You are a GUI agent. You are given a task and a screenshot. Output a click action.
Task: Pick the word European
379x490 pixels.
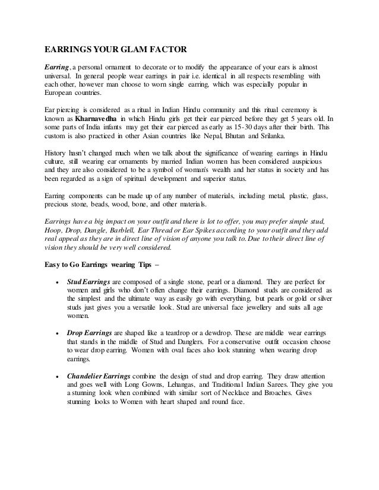[63, 94]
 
